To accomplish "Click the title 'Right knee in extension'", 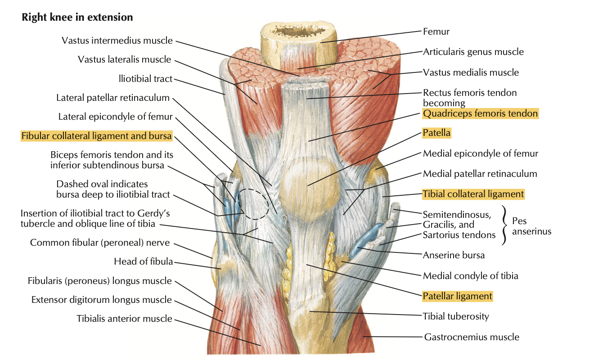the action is [x=77, y=17].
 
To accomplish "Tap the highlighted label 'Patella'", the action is [x=436, y=133].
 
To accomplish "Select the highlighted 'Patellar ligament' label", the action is [x=458, y=296].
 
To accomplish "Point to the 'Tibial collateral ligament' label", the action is [x=473, y=194].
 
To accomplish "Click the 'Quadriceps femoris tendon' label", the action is [x=480, y=113].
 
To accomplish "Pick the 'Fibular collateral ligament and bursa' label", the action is [x=96, y=136].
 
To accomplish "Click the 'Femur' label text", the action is [x=436, y=31].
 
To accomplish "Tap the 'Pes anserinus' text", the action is [x=531, y=226].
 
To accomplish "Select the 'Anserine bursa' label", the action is [x=454, y=255].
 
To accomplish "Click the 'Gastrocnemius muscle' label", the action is [x=472, y=337].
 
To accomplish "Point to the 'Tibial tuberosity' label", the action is [x=456, y=316].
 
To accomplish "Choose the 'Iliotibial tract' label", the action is [x=146, y=79].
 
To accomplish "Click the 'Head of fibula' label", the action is [x=144, y=261].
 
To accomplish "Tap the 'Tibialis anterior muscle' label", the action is [x=124, y=319].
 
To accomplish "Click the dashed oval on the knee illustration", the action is [x=253, y=204].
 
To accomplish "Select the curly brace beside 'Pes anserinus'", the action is [x=504, y=225].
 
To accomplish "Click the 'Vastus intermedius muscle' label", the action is [x=117, y=40].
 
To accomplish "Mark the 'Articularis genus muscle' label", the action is [x=473, y=52].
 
